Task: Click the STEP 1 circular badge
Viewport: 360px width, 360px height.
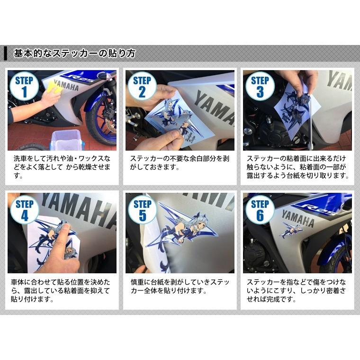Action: click(x=24, y=86)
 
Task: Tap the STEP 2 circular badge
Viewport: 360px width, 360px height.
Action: click(x=142, y=86)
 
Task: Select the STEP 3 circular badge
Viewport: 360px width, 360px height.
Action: click(x=260, y=86)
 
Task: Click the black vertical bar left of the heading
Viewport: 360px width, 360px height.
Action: click(x=6, y=53)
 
